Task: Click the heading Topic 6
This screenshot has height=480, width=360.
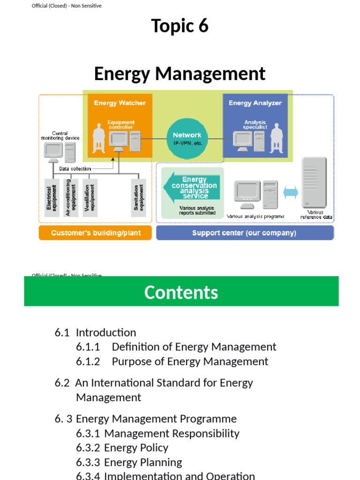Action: (x=180, y=26)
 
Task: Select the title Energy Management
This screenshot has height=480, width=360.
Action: (x=180, y=74)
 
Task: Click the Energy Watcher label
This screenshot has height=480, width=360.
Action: (x=120, y=103)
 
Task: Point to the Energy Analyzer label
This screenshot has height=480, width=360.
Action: (x=255, y=103)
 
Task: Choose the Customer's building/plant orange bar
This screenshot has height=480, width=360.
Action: (x=96, y=233)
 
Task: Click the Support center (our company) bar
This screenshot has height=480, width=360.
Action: (x=244, y=233)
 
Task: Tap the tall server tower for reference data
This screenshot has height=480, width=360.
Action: (x=314, y=183)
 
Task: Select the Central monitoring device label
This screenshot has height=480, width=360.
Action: (x=60, y=135)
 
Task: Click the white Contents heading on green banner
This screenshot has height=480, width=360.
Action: (x=181, y=292)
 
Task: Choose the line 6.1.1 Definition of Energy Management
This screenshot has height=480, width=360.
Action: (x=176, y=347)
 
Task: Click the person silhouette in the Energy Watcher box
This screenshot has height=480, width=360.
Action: (x=99, y=138)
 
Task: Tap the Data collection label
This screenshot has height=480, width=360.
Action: (x=75, y=169)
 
